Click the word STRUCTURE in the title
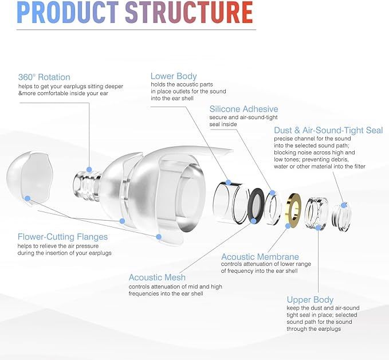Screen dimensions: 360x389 (188, 13)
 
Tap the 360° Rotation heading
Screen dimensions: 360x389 (44, 77)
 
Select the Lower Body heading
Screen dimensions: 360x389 (174, 76)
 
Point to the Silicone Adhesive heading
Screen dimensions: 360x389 (243, 109)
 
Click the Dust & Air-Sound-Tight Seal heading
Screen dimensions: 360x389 (328, 130)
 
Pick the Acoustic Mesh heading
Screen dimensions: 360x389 (157, 277)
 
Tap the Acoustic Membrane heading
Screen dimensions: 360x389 (260, 257)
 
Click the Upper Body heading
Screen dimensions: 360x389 (310, 299)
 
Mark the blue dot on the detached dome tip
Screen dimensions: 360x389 (27, 198)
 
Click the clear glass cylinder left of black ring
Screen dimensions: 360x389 (229, 200)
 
